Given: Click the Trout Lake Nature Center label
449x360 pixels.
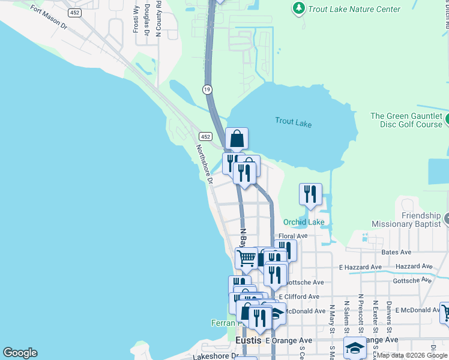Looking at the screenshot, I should (354, 9).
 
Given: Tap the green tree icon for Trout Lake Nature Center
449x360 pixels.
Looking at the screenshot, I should (298, 8).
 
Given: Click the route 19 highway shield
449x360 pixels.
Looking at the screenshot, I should (207, 89).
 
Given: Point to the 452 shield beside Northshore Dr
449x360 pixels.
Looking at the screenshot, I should (205, 137).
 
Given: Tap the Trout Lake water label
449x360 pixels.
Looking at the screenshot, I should (294, 122).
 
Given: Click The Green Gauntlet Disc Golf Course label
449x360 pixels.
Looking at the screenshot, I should (406, 120).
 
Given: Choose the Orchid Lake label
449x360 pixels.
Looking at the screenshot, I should (304, 222).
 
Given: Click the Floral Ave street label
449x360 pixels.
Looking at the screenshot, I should (293, 236).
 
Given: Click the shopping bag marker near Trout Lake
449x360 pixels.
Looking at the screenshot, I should (237, 138).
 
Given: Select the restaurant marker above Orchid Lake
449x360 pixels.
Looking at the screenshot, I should (310, 194).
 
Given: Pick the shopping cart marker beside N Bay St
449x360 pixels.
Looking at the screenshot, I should (246, 258).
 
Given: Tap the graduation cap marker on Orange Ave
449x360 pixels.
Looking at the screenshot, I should (355, 347).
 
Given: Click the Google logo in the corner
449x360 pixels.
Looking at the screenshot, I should (20, 353).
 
